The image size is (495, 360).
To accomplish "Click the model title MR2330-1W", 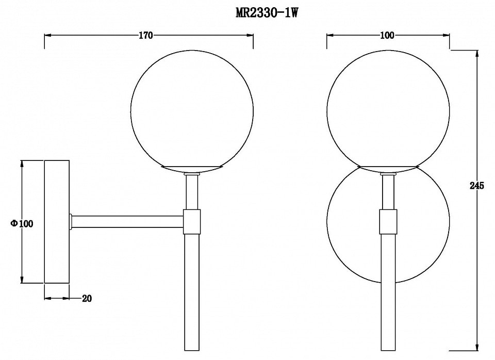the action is (x=267, y=13).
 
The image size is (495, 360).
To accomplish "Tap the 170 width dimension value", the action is (x=145, y=36).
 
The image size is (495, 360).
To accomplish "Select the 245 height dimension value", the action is (x=476, y=186).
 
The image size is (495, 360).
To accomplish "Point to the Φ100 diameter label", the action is (x=22, y=223).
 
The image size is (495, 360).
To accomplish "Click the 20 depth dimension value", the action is (x=87, y=299).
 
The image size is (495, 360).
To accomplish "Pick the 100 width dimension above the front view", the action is (x=387, y=36).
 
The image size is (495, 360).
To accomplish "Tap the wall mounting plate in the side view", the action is (x=57, y=222).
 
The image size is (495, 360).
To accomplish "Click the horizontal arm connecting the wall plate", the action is (x=127, y=222).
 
